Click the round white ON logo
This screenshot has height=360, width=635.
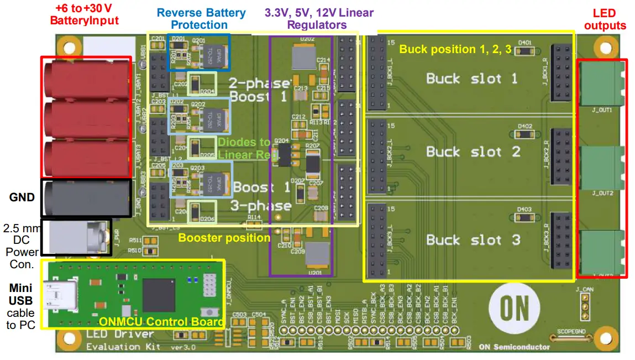(513, 308)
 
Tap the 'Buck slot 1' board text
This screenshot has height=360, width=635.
(472, 79)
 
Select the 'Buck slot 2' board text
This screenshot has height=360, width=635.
(473, 152)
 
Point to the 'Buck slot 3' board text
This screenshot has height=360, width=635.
(473, 240)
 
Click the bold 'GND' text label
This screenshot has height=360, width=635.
(22, 197)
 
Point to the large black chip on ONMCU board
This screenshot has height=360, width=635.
(159, 295)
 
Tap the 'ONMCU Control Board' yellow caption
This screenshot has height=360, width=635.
(161, 322)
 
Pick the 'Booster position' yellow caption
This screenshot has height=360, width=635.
(224, 238)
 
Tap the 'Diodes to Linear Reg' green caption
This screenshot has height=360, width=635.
(244, 148)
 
